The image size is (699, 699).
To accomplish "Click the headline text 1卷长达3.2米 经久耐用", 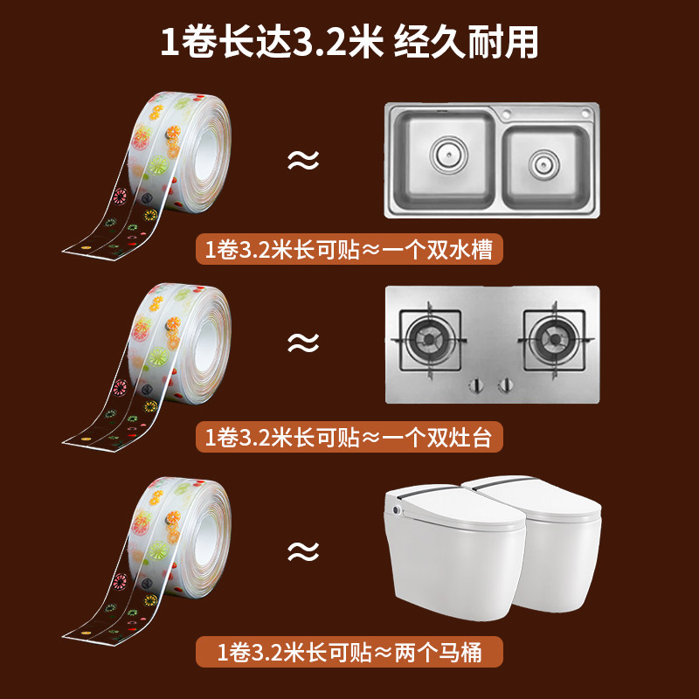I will (349, 42).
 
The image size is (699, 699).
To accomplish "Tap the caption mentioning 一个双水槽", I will (349, 252).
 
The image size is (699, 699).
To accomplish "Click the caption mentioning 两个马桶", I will (349, 651).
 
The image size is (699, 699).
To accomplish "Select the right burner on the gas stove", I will (555, 337).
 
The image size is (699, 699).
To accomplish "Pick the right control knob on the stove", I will (504, 384).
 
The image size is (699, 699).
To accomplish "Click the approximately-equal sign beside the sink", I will (303, 161).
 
